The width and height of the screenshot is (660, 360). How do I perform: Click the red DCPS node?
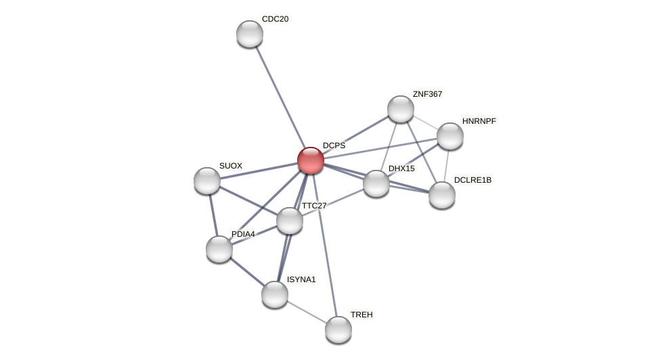point(311,160)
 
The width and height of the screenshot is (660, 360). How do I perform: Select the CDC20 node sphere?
point(250,34)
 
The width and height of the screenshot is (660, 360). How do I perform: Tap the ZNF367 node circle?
point(401,109)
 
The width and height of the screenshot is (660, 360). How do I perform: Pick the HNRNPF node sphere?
point(450,136)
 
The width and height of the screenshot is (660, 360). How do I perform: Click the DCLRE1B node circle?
point(442,195)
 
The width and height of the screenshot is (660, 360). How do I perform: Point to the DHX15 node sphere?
point(376,183)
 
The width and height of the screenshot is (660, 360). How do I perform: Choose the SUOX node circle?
point(207,181)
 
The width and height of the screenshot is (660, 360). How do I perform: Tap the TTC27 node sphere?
point(290,221)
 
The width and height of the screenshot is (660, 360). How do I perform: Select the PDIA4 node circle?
point(219,249)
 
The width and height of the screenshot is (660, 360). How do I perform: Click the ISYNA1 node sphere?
point(275,294)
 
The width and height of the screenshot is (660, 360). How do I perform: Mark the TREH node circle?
point(338,330)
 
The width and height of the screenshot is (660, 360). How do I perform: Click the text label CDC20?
point(275,19)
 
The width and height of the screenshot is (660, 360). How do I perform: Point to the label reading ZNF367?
point(427,94)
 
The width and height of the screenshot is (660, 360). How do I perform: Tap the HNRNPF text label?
point(479,121)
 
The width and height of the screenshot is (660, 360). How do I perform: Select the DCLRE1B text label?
point(472,180)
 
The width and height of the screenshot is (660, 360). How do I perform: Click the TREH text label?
point(361,315)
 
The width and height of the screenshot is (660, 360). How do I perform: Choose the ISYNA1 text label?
point(301,279)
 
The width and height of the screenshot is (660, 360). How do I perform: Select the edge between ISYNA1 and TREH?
point(307,312)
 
